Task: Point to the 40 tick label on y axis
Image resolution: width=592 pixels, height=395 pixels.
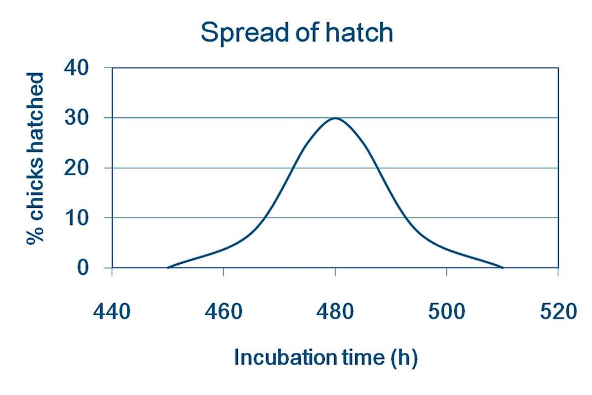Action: pos(76,68)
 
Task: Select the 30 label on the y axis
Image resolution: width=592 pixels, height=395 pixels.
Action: pos(76,118)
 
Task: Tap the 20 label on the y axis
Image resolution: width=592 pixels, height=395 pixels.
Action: pos(76,168)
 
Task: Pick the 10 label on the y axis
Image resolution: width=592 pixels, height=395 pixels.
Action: pos(76,218)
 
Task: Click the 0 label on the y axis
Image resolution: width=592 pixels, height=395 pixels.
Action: pos(82,268)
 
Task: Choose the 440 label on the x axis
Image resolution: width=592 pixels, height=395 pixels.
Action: pos(112,312)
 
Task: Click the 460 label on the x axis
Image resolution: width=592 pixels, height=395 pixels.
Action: pos(224,312)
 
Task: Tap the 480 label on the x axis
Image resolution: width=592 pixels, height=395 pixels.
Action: pos(335,312)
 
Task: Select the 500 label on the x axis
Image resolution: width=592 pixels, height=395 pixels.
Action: pos(446,312)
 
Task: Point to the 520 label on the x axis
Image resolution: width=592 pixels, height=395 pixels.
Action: pos(558,312)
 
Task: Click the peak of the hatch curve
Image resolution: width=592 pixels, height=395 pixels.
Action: pos(335,118)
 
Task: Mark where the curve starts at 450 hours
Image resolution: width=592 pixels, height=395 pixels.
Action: pos(168,268)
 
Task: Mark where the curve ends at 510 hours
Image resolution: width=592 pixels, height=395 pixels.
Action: pos(502,268)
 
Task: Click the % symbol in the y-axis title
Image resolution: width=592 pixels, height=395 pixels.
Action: pos(35,234)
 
